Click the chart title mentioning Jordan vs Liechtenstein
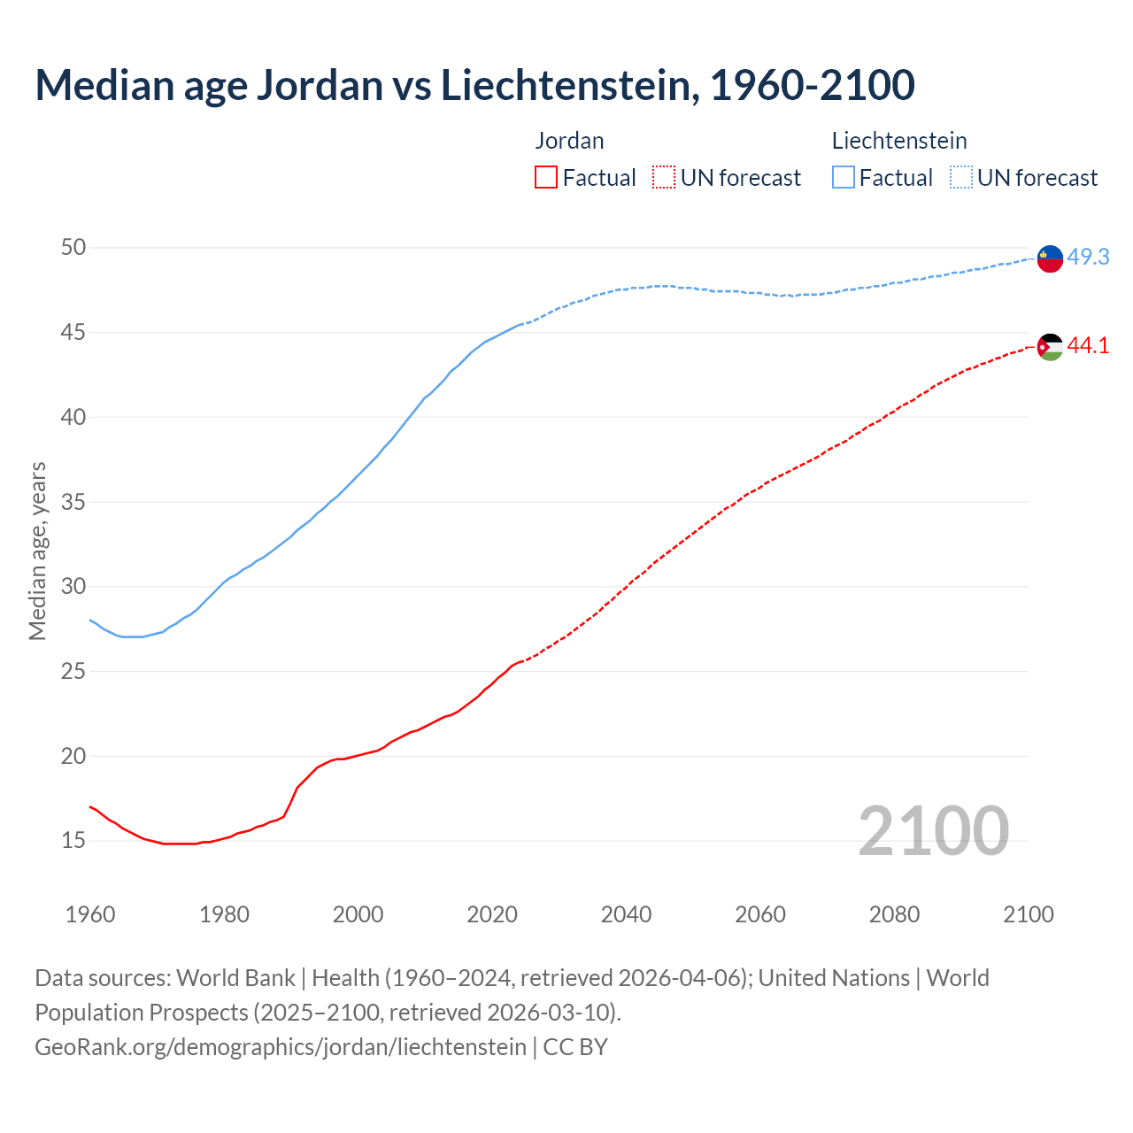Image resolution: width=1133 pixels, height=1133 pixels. [474, 85]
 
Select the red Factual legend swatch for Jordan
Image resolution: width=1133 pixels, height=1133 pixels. [546, 178]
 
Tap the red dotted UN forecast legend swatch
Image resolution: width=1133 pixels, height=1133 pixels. [664, 178]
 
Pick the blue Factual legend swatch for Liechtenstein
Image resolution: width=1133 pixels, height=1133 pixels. [844, 178]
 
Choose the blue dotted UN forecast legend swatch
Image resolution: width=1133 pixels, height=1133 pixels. [961, 178]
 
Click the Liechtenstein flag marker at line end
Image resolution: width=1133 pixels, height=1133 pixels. [1050, 258]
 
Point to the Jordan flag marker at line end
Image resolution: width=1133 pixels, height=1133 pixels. [1050, 347]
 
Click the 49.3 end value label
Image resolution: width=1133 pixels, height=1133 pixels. [1088, 257]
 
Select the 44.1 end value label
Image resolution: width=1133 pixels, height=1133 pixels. [1088, 346]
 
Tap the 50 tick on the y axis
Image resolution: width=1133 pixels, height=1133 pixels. [73, 248]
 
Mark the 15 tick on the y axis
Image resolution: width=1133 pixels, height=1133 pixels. [73, 840]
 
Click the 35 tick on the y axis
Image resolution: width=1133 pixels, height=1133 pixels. [73, 502]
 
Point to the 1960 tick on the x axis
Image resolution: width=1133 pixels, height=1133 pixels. [90, 914]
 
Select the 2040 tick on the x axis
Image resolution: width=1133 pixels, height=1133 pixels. [626, 914]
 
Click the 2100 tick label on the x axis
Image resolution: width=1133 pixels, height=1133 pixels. [1028, 914]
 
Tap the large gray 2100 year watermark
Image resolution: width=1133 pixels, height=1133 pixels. [933, 830]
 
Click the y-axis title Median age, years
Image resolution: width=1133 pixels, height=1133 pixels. [37, 551]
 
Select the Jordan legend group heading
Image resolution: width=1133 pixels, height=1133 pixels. [570, 141]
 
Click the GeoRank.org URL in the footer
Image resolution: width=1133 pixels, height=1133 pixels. [280, 1047]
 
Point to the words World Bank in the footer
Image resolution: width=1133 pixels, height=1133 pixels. [235, 978]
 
